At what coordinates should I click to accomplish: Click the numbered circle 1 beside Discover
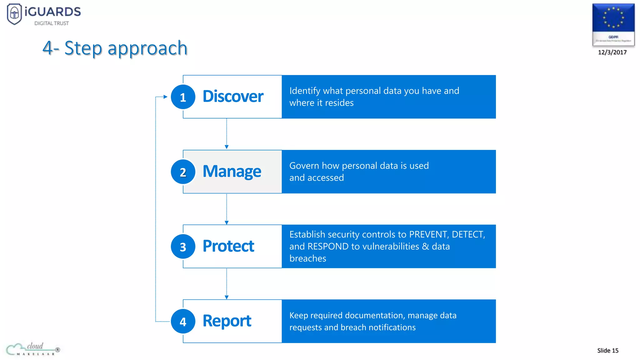coord(183,97)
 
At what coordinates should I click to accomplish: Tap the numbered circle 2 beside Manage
coord(183,172)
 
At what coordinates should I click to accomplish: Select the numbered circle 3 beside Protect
coord(183,247)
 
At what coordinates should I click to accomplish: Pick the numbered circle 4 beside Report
coord(183,321)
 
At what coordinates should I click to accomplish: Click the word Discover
coord(233,96)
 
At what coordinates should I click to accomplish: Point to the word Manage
coord(232,171)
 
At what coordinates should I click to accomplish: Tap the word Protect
coord(228,246)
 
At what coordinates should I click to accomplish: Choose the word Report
coord(227,321)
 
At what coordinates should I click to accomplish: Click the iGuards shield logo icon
coord(14,14)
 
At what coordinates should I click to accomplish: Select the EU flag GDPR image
coord(613,24)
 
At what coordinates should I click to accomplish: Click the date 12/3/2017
coord(612,52)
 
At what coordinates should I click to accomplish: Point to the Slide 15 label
coord(607,351)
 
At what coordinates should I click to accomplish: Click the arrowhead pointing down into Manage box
coord(227,147)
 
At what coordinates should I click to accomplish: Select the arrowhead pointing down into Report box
coord(227,297)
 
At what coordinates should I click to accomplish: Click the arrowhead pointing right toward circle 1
coord(166,97)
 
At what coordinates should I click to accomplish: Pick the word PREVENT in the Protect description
coord(428,234)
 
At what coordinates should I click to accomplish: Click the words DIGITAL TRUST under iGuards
coord(52,23)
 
